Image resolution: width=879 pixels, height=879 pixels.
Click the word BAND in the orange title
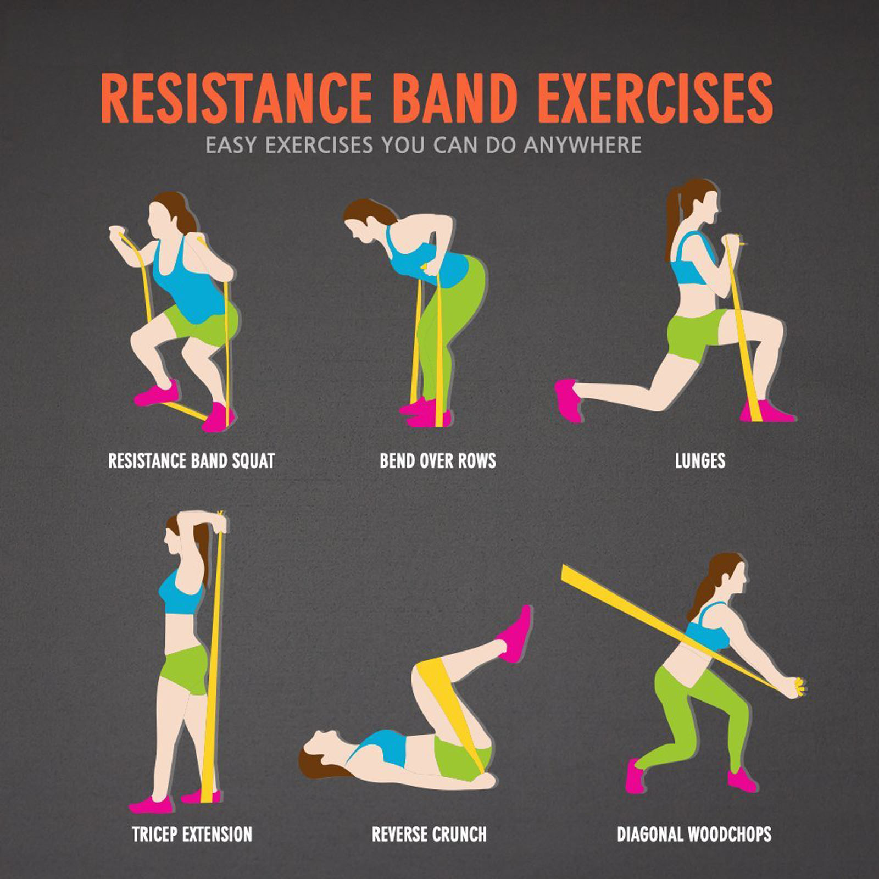click(455, 99)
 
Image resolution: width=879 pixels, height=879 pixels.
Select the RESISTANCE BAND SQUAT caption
click(191, 460)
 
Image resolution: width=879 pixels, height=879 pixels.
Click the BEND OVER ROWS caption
click(438, 460)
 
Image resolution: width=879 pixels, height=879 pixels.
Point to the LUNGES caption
click(700, 460)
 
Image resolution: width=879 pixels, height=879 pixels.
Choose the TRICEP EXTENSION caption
click(192, 834)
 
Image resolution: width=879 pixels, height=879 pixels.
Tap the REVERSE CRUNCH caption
click(429, 834)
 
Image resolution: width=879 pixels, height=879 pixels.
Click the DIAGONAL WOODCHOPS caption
click(694, 834)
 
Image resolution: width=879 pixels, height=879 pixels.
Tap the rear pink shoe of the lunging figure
click(568, 400)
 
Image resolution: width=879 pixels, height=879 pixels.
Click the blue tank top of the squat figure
click(184, 280)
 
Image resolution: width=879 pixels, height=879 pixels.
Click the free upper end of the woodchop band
click(571, 575)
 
